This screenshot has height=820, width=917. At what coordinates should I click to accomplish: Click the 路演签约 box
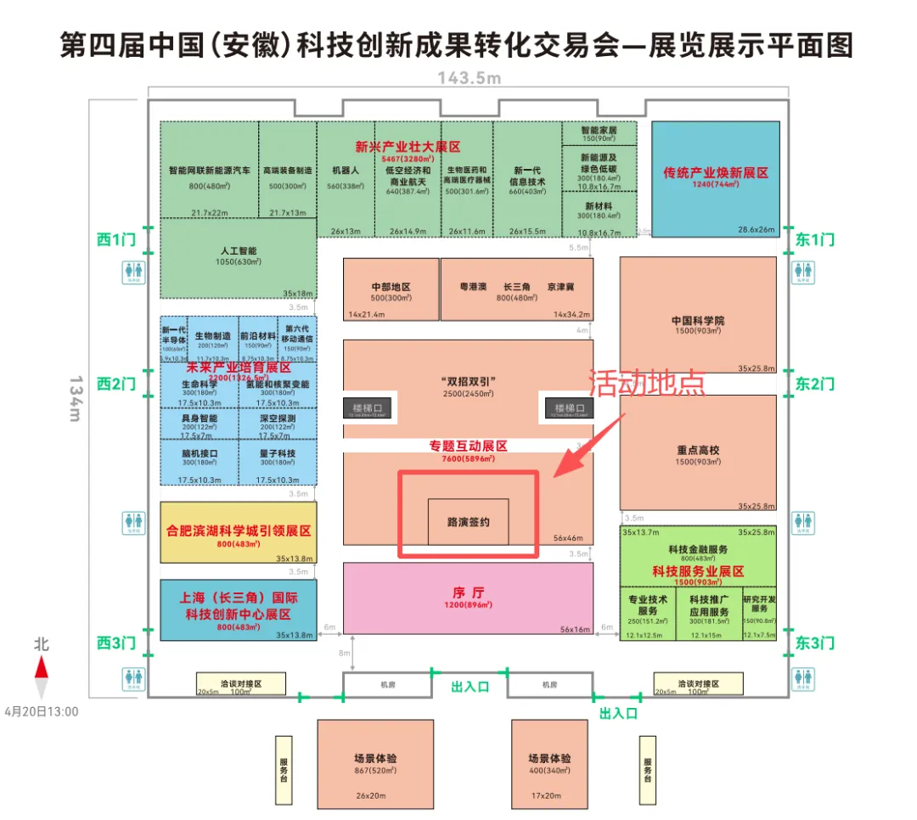point(468,522)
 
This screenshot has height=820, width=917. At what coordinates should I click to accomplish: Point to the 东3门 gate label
point(814,643)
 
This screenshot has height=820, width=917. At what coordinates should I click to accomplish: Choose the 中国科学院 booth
point(698,321)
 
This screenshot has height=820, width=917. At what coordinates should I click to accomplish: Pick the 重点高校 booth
point(698,451)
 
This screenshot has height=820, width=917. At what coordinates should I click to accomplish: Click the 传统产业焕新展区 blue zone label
point(715,172)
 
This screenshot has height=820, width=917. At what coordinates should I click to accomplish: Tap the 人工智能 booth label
point(237,251)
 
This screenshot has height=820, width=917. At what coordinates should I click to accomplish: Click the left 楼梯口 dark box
point(368,408)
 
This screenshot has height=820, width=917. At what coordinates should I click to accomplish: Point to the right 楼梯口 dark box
point(569,408)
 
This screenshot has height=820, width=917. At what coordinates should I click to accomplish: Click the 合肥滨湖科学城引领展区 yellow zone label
point(239,531)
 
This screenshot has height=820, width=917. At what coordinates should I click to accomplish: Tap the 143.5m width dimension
point(470,78)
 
